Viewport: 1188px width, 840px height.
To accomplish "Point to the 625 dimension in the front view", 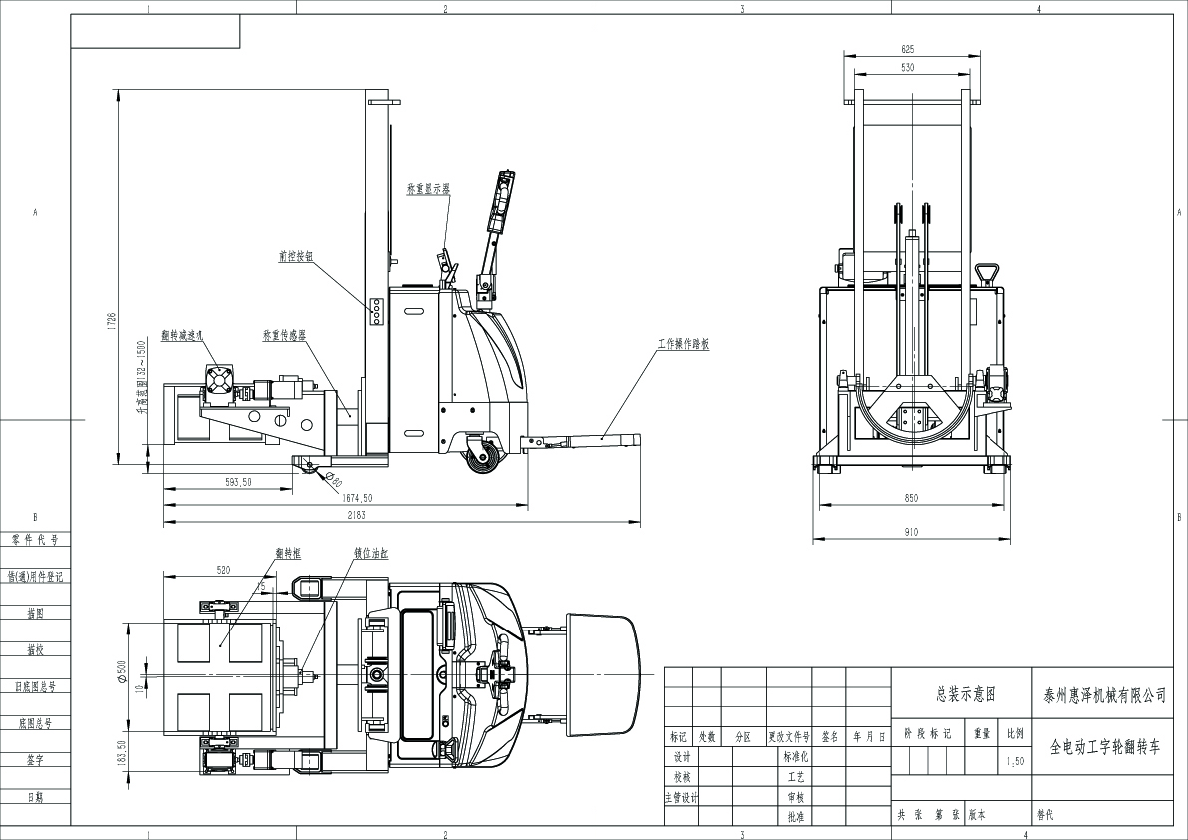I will tap(907, 48).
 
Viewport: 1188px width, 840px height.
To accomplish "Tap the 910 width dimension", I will tap(910, 532).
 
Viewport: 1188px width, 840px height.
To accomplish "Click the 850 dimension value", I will tap(910, 496).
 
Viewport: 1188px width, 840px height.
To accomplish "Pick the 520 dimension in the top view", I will tap(222, 570).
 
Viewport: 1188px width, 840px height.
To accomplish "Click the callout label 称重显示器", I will tap(428, 187).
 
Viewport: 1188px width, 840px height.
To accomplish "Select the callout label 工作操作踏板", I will tap(683, 343).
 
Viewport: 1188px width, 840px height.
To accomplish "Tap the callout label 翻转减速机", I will tap(182, 336).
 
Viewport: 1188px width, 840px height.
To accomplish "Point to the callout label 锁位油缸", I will tap(371, 550).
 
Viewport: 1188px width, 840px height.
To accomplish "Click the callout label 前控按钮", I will tap(296, 256).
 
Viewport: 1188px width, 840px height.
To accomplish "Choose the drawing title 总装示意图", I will tap(965, 694).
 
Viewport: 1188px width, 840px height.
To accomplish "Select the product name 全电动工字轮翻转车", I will tap(1105, 745).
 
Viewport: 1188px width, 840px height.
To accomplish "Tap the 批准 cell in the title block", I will tap(795, 816).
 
